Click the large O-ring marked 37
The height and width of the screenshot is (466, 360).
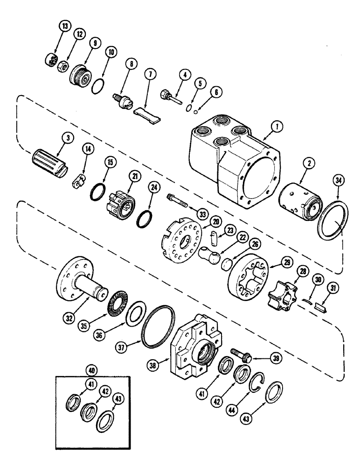pyautogui.click(x=159, y=326)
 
